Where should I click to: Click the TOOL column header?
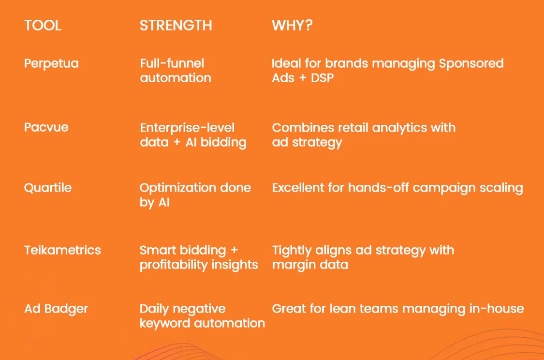43,25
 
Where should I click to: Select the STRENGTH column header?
176,25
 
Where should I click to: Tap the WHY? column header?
292,25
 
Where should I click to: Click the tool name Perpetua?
51,64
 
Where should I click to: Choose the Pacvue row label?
46,127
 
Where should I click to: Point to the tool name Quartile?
47,187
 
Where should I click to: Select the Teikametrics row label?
62,250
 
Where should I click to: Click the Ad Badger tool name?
56,309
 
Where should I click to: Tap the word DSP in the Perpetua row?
323,78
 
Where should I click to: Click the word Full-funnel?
172,63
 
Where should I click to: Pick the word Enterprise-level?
187,128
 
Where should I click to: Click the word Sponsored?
471,64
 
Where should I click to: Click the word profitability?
174,265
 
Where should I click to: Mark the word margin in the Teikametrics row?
294,265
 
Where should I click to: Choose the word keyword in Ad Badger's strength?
165,323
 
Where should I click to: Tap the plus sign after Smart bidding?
234,250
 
